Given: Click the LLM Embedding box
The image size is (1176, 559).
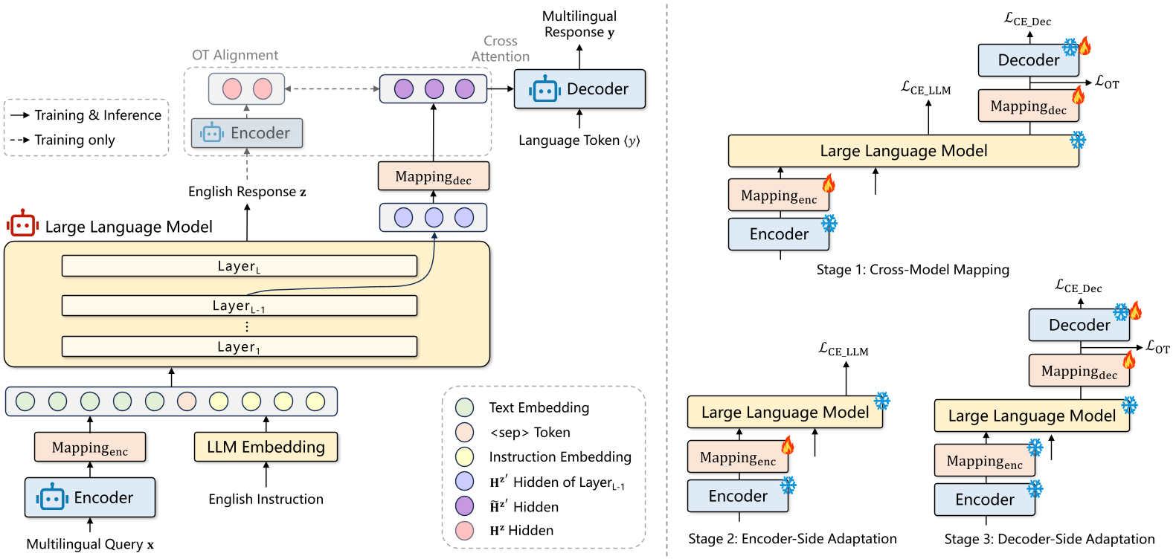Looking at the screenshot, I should click(266, 447).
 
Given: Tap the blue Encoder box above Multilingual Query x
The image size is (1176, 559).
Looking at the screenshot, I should click(90, 497).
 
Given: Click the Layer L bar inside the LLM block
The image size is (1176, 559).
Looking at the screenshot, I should click(239, 266).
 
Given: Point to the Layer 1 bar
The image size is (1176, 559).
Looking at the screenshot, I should click(239, 346).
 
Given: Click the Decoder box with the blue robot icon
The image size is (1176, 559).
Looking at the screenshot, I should click(579, 89).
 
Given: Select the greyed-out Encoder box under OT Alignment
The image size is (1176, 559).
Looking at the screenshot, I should click(246, 133).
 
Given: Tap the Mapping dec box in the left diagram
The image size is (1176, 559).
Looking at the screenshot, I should click(433, 177).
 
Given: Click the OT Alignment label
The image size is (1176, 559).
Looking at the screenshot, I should click(235, 55).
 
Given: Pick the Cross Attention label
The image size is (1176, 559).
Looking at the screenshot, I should click(500, 48).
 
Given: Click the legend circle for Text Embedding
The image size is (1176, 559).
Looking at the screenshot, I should click(464, 407).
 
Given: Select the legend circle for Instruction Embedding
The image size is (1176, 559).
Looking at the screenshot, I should click(464, 456).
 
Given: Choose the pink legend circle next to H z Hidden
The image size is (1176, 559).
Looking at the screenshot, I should click(464, 530).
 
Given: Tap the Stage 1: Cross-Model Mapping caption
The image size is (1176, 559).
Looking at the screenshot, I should click(913, 270).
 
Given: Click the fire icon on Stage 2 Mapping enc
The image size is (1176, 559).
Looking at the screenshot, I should click(788, 445).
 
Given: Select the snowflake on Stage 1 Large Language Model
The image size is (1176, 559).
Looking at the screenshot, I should click(1077, 140).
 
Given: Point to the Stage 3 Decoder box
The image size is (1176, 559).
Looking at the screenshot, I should click(1079, 325).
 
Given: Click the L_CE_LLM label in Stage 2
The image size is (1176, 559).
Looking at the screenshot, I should click(844, 349).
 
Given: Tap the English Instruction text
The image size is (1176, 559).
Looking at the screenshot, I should click(266, 500).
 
